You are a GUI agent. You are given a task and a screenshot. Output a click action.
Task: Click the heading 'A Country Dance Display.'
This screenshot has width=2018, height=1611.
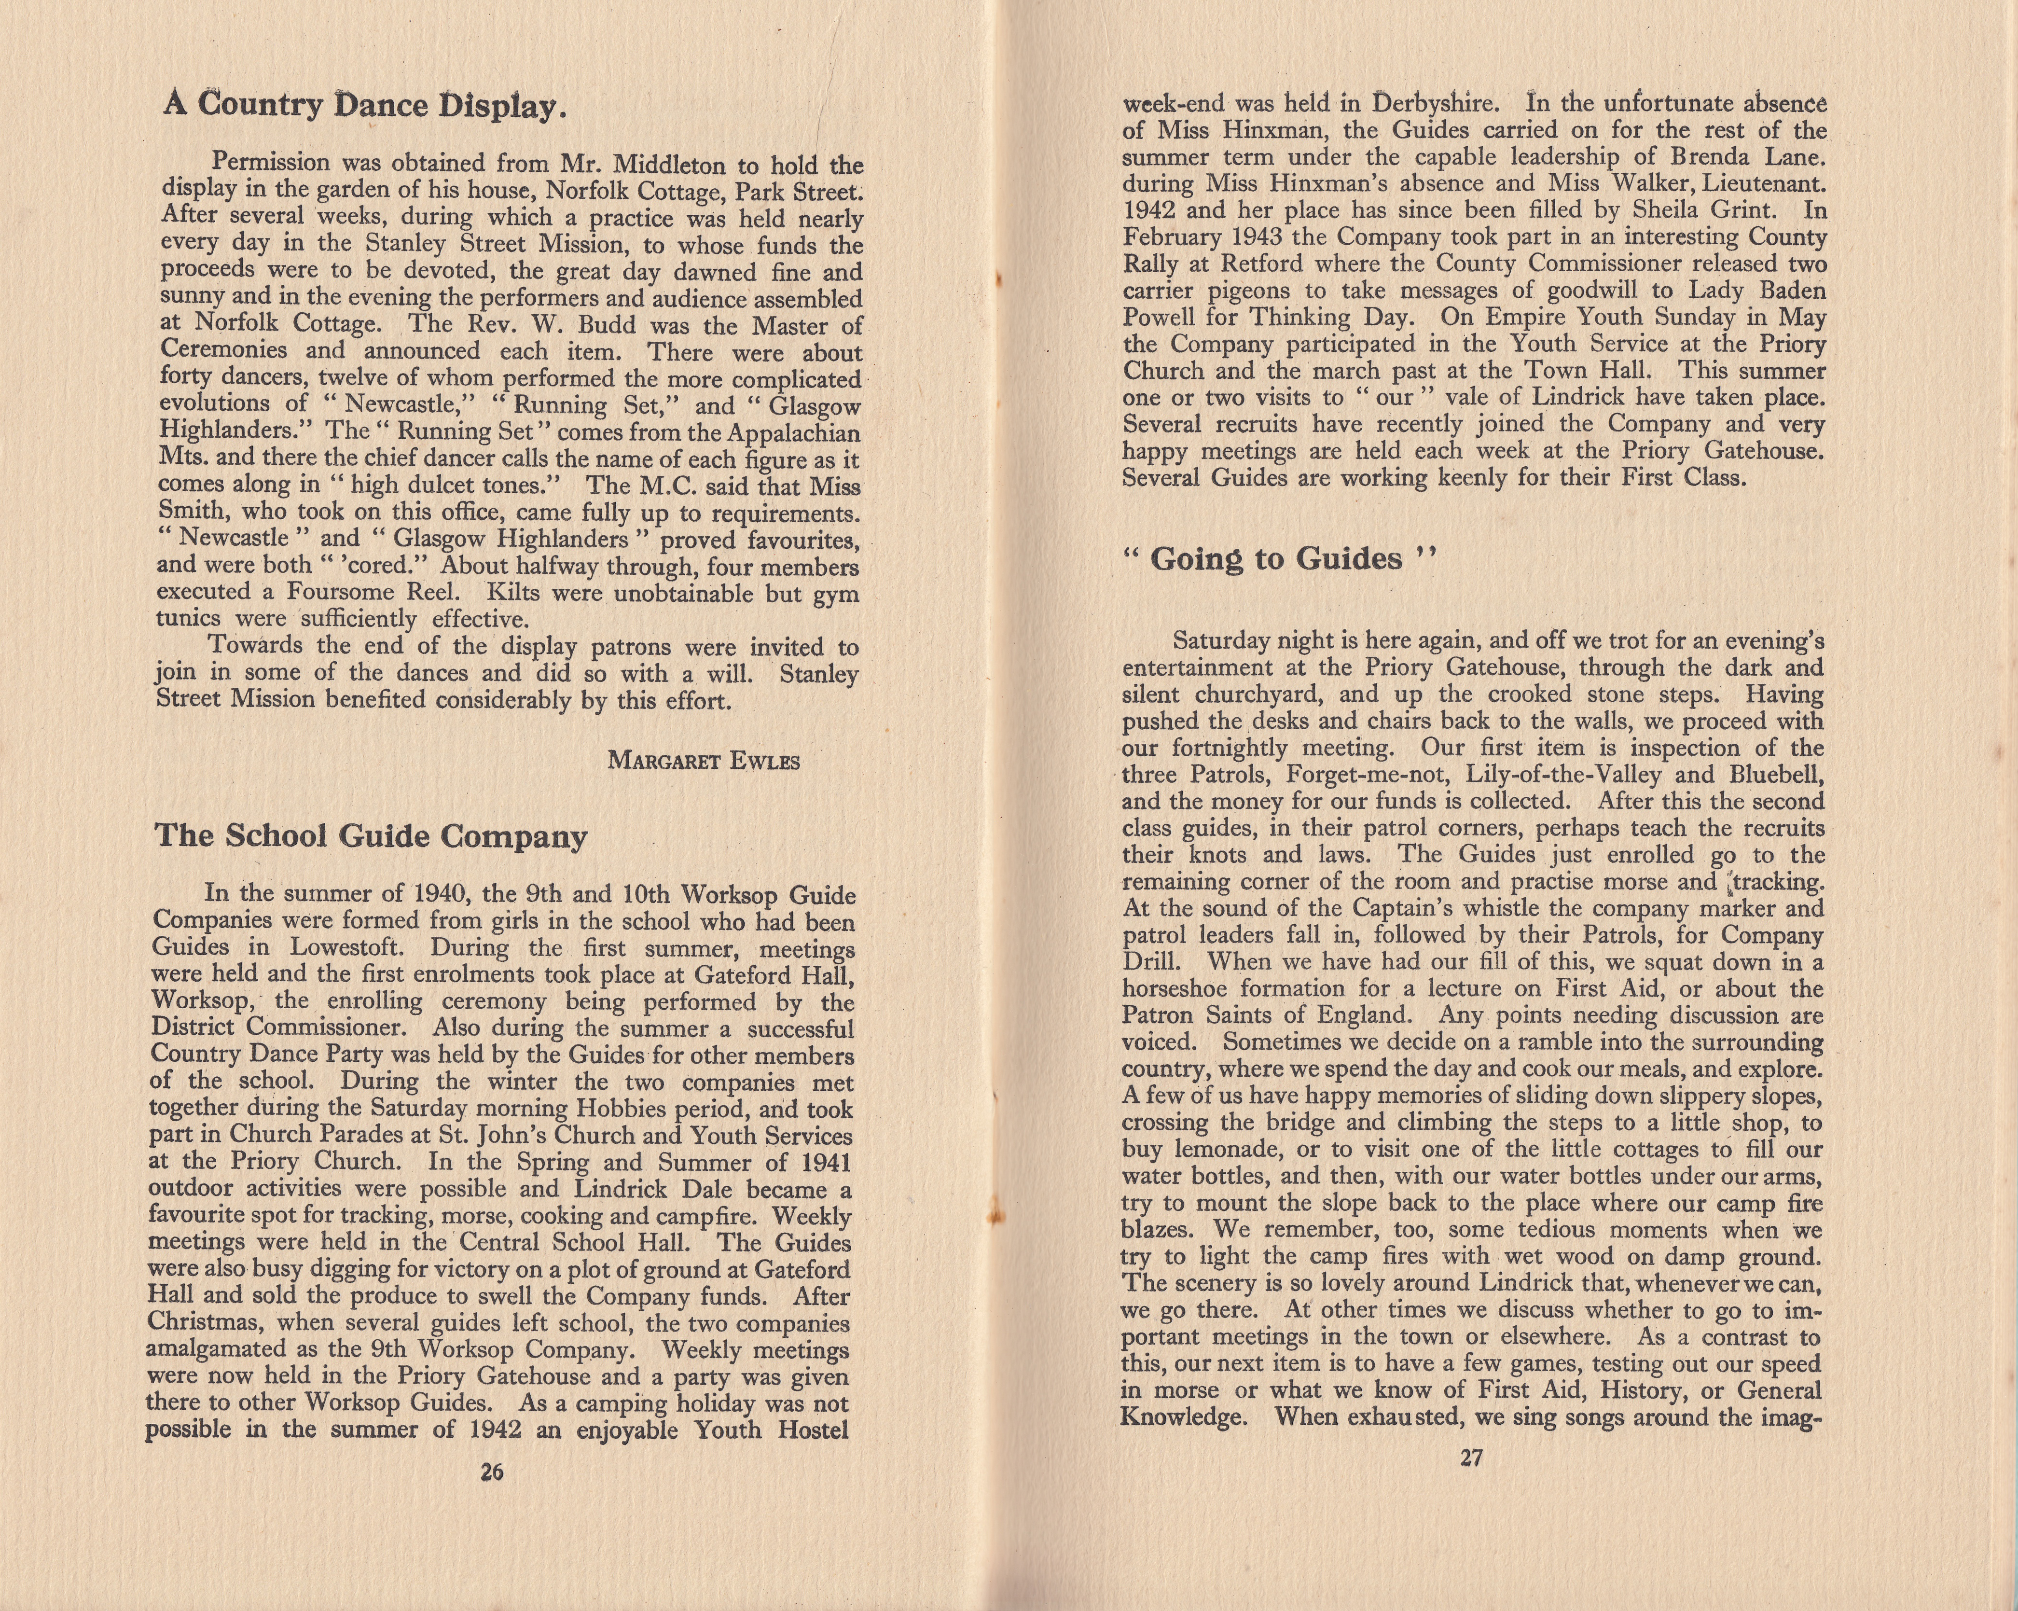pos(365,105)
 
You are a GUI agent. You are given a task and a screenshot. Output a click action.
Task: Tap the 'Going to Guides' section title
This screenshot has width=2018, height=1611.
pos(1278,560)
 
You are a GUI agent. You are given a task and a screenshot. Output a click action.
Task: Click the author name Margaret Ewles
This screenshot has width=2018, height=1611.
pos(704,761)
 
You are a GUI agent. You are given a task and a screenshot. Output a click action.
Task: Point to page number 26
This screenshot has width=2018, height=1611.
pos(491,1472)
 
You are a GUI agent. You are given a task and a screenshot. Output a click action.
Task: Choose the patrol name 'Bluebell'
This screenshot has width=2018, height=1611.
pos(1777,775)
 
